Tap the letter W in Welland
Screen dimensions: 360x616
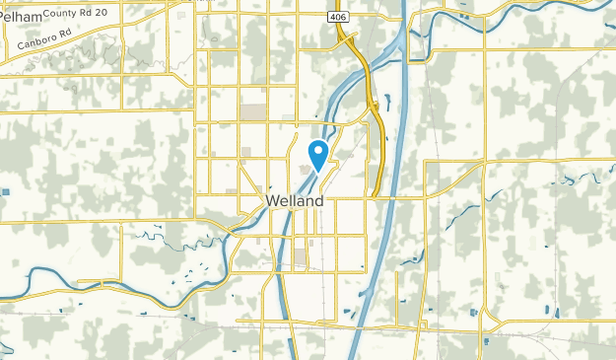(272, 200)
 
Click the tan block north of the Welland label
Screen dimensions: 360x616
(253, 111)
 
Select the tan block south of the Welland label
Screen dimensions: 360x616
(300, 256)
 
